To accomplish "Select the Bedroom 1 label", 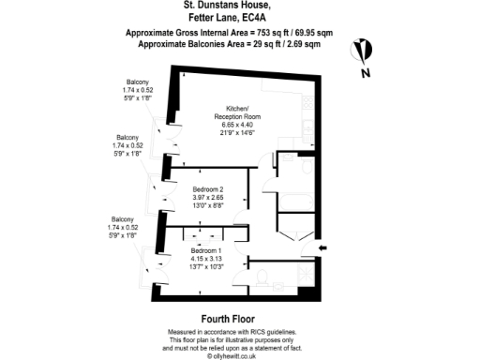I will tap(207, 251).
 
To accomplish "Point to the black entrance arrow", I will tap(324, 247).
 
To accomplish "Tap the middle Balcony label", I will tap(127, 136).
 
